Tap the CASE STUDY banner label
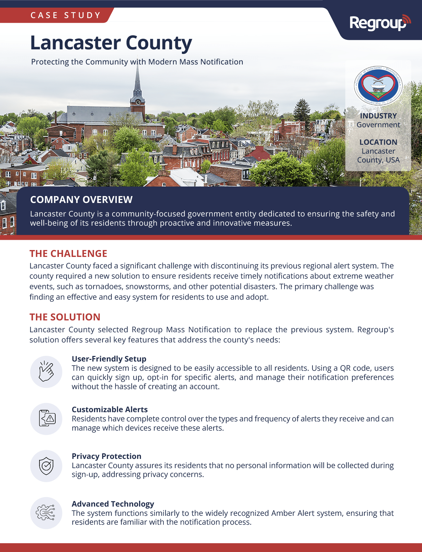(65, 15)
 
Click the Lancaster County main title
(111, 43)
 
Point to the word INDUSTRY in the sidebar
(378, 116)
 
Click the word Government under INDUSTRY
(378, 125)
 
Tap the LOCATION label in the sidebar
(378, 142)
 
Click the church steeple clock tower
(137, 95)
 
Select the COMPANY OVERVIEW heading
(81, 200)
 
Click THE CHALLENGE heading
(68, 254)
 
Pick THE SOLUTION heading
(65, 317)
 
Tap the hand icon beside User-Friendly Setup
(46, 372)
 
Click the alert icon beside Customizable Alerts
(46, 419)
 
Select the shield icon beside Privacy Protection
(46, 466)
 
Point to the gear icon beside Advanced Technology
(46, 513)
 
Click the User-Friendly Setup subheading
(109, 359)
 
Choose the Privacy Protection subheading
(106, 456)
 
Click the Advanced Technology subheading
(113, 504)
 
